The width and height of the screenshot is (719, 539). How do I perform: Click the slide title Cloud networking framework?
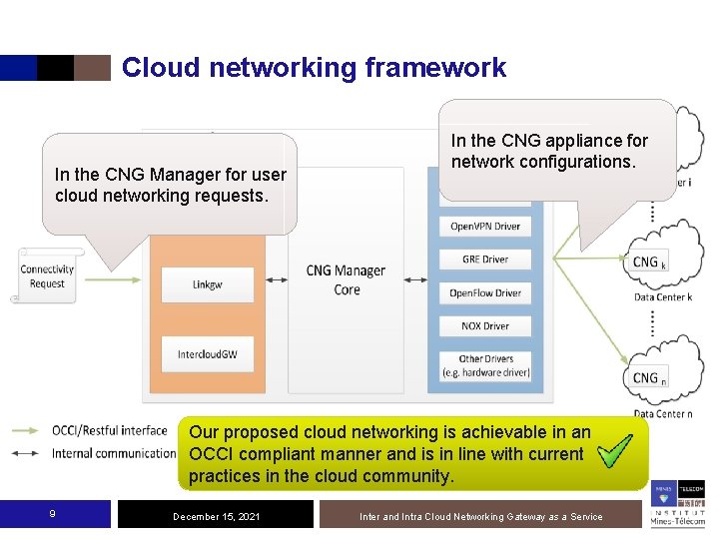(314, 68)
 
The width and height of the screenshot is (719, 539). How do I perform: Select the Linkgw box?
(208, 285)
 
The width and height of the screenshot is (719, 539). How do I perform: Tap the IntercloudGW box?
(208, 354)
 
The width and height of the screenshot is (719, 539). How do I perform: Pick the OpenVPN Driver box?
(485, 227)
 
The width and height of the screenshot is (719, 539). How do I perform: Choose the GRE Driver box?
(485, 260)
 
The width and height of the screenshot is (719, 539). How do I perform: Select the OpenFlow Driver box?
(485, 293)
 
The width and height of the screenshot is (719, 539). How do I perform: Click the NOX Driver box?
(485, 326)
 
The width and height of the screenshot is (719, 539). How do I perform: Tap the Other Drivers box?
(485, 365)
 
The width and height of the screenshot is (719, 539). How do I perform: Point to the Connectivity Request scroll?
(47, 276)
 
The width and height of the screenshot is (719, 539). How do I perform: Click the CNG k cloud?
(655, 262)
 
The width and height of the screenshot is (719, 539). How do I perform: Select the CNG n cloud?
(655, 376)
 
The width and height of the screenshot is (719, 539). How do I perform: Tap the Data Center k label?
(662, 297)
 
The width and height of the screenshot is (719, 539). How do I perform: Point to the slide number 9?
(52, 514)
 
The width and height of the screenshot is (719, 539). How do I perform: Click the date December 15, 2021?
(217, 516)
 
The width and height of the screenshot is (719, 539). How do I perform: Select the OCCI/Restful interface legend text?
(110, 431)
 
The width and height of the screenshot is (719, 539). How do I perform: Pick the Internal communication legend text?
(114, 453)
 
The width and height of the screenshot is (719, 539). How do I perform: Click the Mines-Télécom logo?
(678, 504)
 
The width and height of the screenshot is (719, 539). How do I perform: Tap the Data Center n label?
(662, 413)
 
